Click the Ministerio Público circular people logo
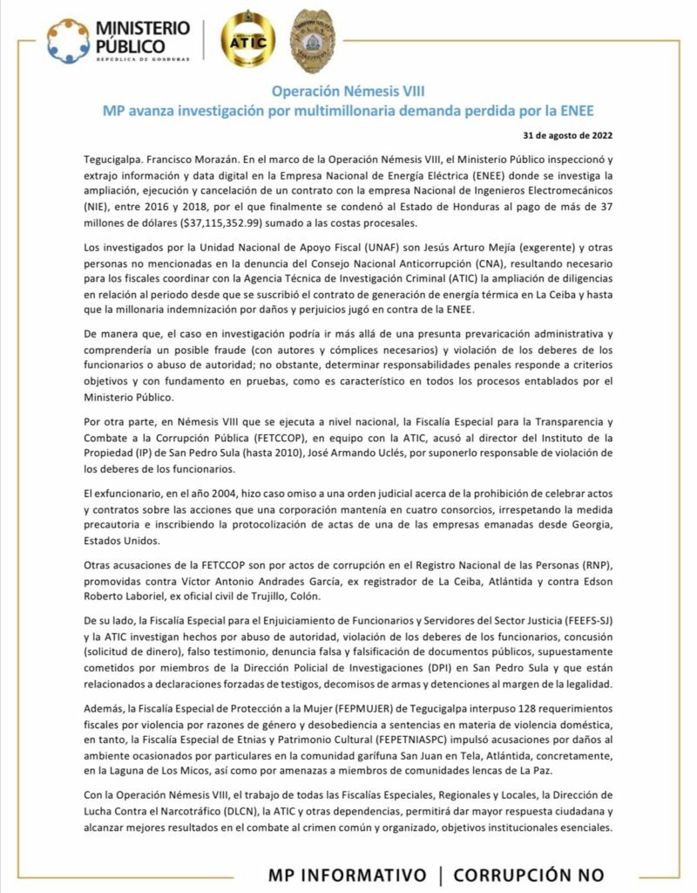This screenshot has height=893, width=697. tap(68, 40)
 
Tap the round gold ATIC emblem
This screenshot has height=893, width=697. tap(248, 41)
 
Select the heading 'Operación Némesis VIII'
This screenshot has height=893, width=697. tap(348, 91)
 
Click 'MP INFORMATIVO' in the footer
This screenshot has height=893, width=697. tap(348, 874)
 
